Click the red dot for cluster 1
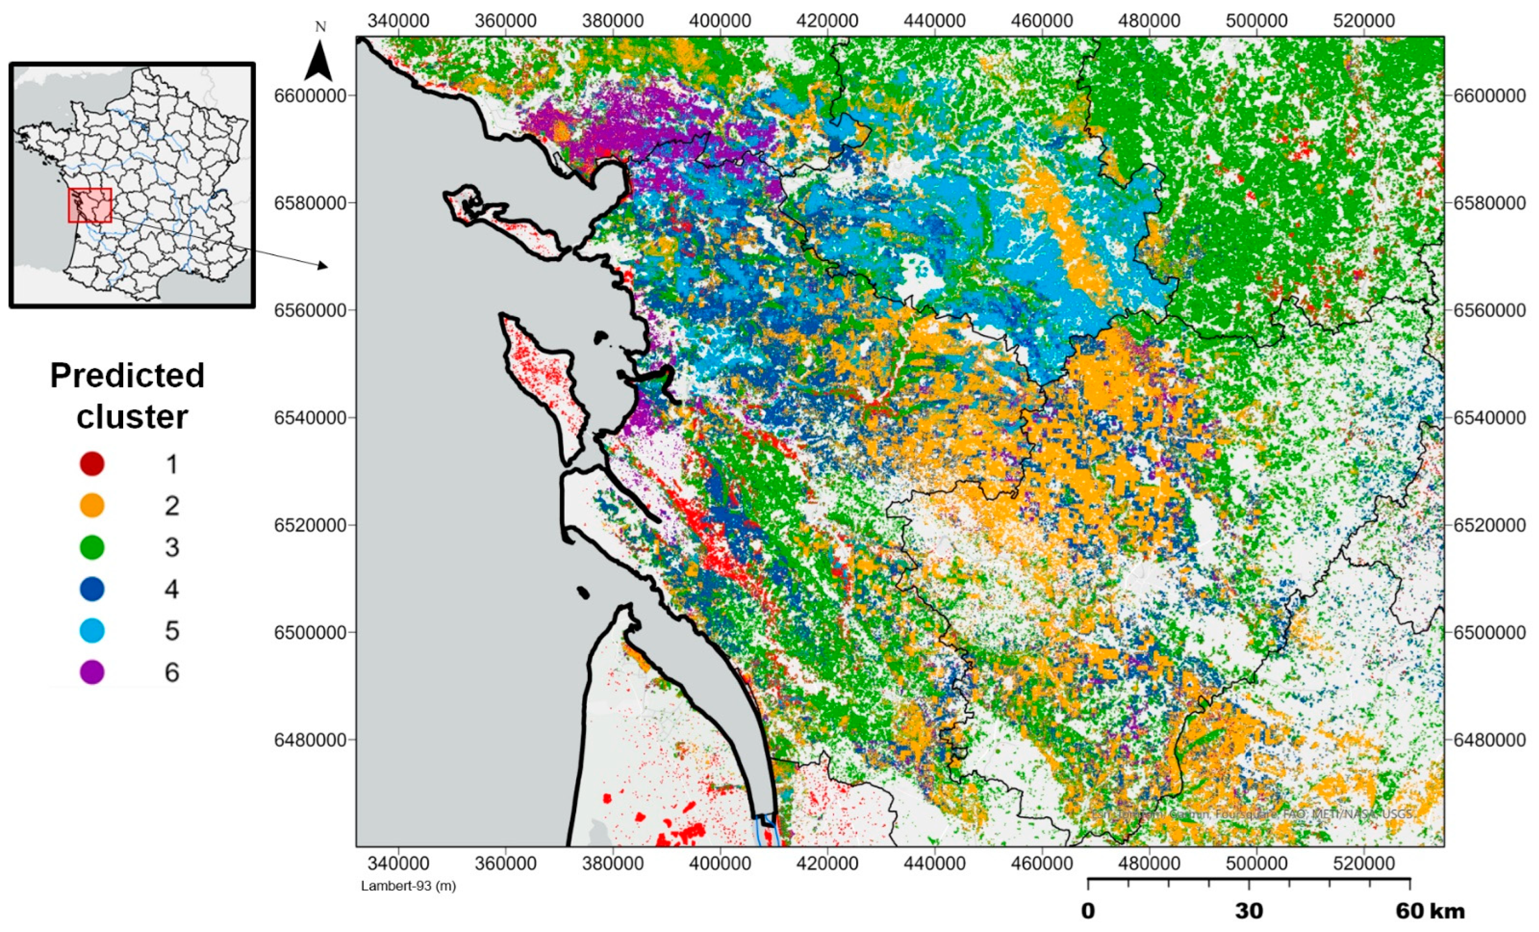[x=92, y=464]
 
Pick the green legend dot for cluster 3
[x=92, y=547]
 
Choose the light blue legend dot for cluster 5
[x=92, y=630]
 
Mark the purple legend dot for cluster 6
[x=92, y=672]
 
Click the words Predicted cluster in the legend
[x=127, y=396]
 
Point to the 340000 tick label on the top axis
[x=398, y=21]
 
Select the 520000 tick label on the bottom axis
[x=1364, y=864]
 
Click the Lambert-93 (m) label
[x=409, y=886]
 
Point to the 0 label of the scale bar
[x=1088, y=912]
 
